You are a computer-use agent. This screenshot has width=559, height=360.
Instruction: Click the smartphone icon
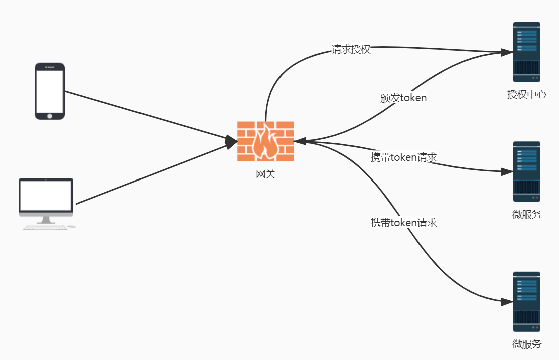[x=50, y=91]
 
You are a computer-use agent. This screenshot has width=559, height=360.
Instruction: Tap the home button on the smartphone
[x=50, y=116]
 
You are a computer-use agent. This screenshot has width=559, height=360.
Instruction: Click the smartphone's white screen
[x=50, y=91]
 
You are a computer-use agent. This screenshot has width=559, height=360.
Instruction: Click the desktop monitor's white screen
[x=46, y=196]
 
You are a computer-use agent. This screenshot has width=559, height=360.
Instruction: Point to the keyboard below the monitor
[x=46, y=227]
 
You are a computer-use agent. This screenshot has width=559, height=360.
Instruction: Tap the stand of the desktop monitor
[x=46, y=220]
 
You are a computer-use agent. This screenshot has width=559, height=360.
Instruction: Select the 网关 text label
[x=265, y=174]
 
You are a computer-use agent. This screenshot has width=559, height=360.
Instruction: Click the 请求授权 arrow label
[x=351, y=49]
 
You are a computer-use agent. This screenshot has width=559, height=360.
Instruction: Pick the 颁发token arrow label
[x=403, y=98]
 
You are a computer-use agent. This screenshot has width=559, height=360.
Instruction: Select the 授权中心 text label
[x=526, y=94]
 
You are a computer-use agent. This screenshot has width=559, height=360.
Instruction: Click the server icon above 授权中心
[x=526, y=52]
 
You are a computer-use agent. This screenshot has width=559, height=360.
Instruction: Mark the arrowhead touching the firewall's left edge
[x=231, y=142]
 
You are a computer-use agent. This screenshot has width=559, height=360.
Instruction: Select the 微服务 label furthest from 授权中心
[x=527, y=344]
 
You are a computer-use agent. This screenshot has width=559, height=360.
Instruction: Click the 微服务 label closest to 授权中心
[x=527, y=215]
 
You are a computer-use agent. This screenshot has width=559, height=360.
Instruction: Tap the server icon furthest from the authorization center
[x=526, y=301]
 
